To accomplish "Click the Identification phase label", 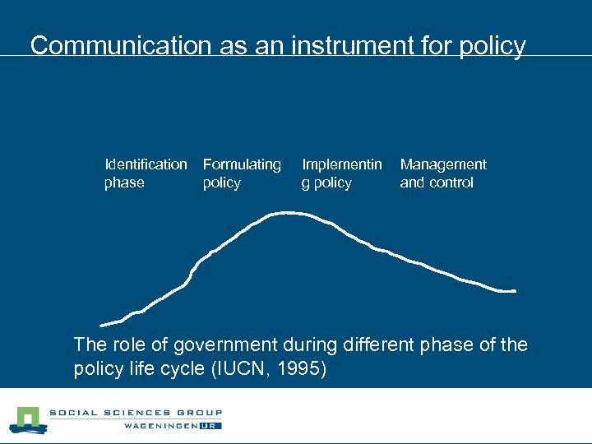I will (x=146, y=173).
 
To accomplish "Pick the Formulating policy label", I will (x=242, y=173).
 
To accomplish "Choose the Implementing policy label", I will (x=342, y=173).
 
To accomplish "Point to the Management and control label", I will (x=443, y=173).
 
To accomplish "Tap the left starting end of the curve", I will (x=102, y=325).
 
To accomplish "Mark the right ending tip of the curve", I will (x=514, y=291).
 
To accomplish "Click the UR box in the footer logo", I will (x=212, y=427).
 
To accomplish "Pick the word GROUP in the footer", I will (x=200, y=413).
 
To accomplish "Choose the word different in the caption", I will (x=382, y=345).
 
